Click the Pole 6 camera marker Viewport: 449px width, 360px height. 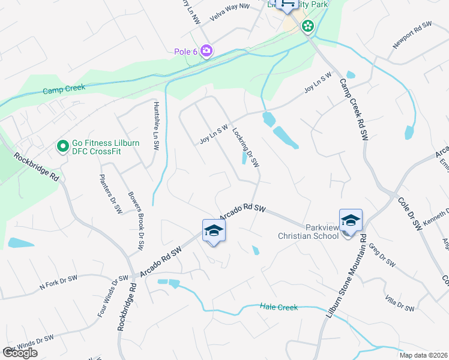[206, 51]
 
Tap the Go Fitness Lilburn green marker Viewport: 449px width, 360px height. [62, 146]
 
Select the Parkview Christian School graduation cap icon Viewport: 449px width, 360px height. [351, 221]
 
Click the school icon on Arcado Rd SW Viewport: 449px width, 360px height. [214, 231]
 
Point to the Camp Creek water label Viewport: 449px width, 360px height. [64, 89]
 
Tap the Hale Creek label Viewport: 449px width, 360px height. [279, 307]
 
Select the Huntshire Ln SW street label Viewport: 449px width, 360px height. [155, 125]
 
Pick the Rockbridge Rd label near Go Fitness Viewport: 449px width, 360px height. [37, 169]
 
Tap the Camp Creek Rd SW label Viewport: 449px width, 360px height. [354, 110]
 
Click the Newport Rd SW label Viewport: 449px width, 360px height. [412, 35]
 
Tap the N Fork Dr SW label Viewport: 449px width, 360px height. [58, 283]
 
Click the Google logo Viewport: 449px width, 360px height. [20, 353]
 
